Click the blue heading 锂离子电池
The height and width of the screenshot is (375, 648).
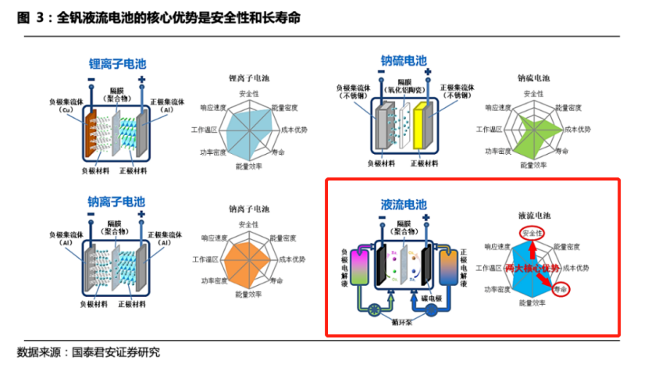(x=117, y=63)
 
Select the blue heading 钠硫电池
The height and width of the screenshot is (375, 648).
(x=404, y=60)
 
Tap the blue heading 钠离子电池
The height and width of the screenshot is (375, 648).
(x=117, y=202)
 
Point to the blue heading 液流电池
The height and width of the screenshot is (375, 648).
(x=404, y=205)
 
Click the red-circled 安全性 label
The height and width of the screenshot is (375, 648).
(x=532, y=233)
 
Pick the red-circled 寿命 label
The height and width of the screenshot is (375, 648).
(x=561, y=289)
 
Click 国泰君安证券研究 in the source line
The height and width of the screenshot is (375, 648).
(x=116, y=352)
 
